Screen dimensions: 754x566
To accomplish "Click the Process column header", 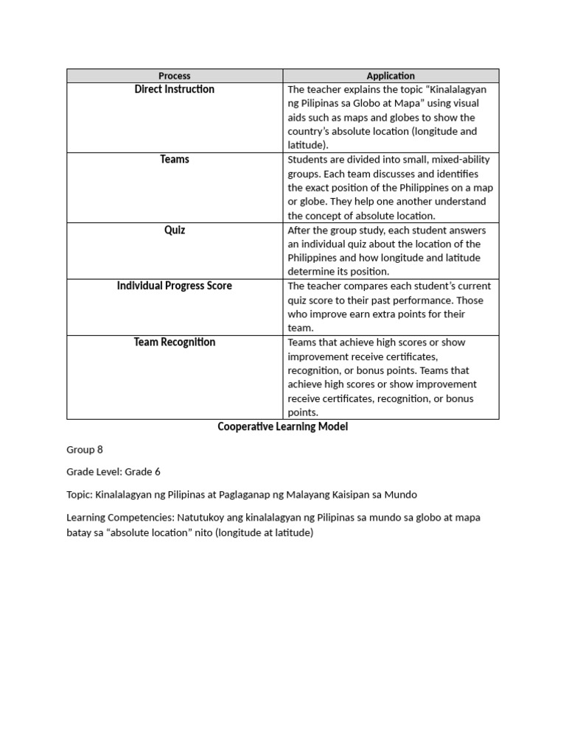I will pyautogui.click(x=175, y=76).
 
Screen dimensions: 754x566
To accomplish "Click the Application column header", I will pyautogui.click(x=391, y=76).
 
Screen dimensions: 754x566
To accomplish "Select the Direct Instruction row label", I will pyautogui.click(x=175, y=89).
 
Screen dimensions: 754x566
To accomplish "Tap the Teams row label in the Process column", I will pyautogui.click(x=175, y=159).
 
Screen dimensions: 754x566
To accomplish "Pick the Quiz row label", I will pyautogui.click(x=175, y=230).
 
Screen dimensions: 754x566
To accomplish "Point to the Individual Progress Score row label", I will pyautogui.click(x=175, y=286).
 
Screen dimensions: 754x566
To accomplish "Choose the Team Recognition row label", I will pyautogui.click(x=175, y=342).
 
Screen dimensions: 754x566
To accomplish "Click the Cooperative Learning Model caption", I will pyautogui.click(x=282, y=427).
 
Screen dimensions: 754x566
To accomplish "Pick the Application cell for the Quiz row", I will pyautogui.click(x=391, y=251).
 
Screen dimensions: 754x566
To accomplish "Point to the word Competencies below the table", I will pyautogui.click(x=140, y=518).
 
